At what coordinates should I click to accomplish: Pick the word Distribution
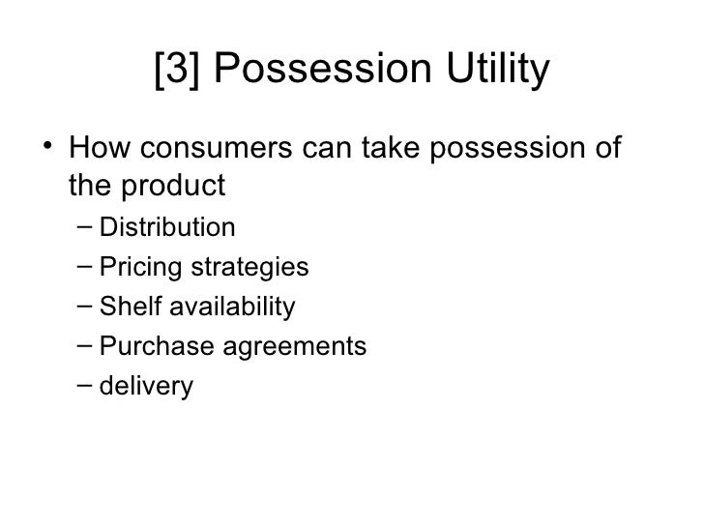click(x=167, y=228)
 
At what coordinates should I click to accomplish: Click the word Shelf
click(x=126, y=308)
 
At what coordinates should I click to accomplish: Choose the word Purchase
click(x=145, y=347)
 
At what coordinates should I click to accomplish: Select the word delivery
click(x=146, y=387)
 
